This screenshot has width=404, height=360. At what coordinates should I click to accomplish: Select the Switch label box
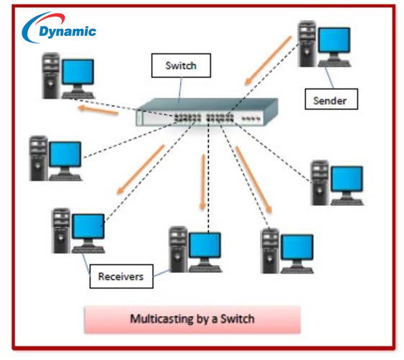(x=180, y=67)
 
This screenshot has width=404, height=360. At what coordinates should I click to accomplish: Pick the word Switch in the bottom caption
(x=237, y=318)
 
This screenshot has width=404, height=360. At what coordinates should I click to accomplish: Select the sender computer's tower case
(x=306, y=43)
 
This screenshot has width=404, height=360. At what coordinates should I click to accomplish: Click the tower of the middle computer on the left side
(x=39, y=156)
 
